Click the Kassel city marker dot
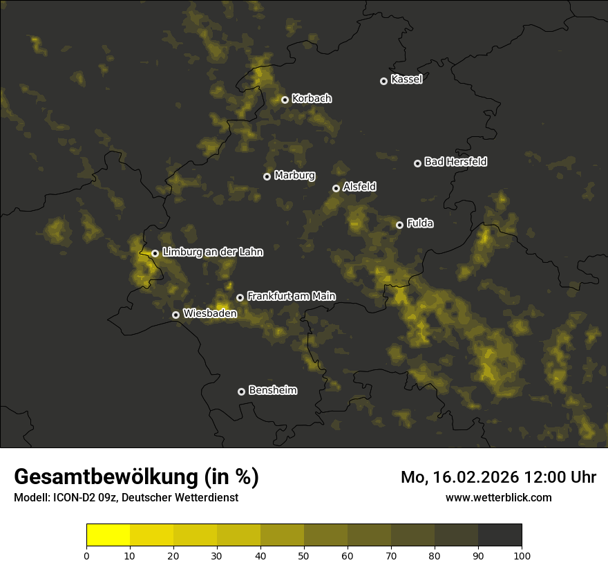[x=383, y=81]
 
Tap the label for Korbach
[x=312, y=99]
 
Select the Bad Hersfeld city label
[x=455, y=162]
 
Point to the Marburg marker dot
[x=267, y=176]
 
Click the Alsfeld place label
[x=359, y=187]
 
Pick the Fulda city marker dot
[x=399, y=225]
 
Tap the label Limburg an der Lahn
[x=212, y=252]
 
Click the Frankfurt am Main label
[x=291, y=296]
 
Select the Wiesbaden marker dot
[x=175, y=315]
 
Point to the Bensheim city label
[x=272, y=390]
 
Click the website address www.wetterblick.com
[x=498, y=497]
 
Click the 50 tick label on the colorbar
[x=304, y=555]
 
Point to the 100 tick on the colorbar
[x=522, y=555]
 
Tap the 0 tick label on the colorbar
[x=86, y=555]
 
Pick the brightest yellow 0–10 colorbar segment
[x=108, y=535]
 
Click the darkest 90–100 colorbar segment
[x=500, y=535]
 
